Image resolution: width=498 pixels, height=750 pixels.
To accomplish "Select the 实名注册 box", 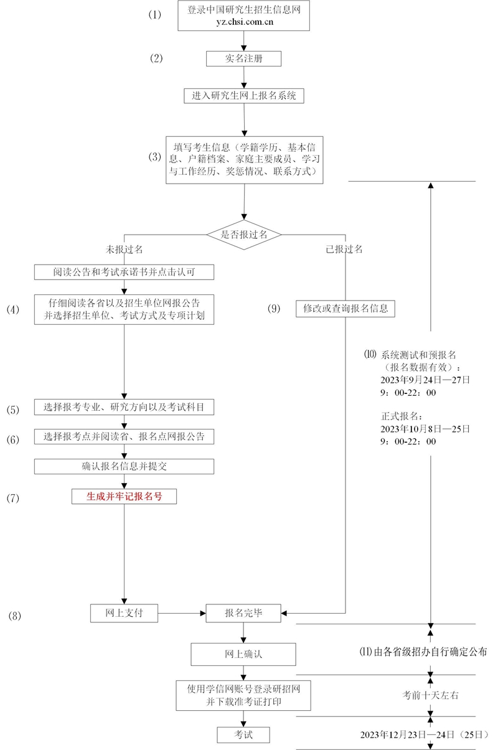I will (x=243, y=58).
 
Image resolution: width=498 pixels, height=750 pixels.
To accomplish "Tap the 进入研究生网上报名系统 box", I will (x=243, y=96).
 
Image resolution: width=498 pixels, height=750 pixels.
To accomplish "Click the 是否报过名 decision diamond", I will (x=244, y=235).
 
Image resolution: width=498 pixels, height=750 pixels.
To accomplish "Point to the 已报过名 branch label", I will (x=344, y=249).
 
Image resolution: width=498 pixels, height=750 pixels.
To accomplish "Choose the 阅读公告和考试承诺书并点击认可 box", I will (x=125, y=272).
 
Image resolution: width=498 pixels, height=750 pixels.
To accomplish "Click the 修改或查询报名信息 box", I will (x=345, y=308).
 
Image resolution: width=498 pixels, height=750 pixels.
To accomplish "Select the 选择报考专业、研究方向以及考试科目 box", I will (x=125, y=408).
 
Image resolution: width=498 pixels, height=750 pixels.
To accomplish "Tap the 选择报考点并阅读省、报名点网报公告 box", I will (x=125, y=437).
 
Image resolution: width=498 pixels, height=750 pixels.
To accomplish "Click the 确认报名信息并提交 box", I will (x=125, y=466).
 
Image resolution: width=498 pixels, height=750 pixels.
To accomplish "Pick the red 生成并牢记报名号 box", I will (x=125, y=496).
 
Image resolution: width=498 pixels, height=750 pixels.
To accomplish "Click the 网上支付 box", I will (x=124, y=613).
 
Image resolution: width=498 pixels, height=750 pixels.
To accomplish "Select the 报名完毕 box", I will (x=243, y=613).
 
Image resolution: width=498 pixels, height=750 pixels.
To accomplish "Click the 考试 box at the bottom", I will (x=243, y=734).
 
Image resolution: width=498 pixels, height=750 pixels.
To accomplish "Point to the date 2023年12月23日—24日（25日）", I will (x=424, y=734).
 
